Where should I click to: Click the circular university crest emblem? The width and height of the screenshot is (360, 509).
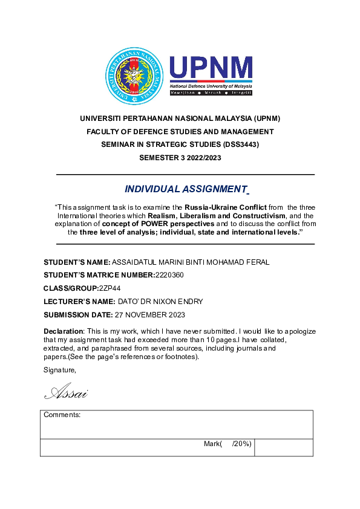point(135,76)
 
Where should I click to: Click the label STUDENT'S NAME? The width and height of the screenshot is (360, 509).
point(77,262)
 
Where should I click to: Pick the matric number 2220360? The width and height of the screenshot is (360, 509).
point(169,275)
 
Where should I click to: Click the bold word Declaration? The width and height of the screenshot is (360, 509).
point(63,331)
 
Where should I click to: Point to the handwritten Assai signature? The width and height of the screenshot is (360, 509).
point(67,394)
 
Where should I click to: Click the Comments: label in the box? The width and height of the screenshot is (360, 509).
point(62,415)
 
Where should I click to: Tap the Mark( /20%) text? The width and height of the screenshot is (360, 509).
point(227,444)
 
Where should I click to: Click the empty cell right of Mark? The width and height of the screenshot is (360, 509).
point(284,447)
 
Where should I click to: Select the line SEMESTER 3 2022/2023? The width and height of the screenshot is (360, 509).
point(180,157)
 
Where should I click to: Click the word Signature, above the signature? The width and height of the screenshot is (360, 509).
point(60,369)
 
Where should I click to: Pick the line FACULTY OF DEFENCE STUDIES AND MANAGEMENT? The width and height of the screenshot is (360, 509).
point(180,132)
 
